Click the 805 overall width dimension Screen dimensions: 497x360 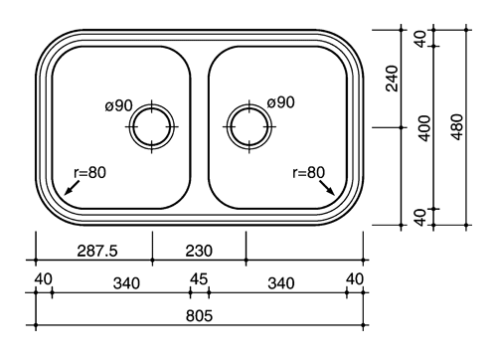[199, 315]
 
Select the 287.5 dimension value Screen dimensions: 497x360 [97, 251]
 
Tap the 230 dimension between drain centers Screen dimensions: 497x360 [199, 251]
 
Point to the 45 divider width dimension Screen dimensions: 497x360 [199, 279]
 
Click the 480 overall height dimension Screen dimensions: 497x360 [457, 127]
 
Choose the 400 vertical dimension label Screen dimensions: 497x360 [424, 128]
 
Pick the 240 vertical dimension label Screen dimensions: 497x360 [393, 79]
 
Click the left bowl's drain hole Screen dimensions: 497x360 [152, 126]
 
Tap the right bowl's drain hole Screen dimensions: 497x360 [249, 126]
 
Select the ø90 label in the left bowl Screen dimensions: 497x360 [119, 105]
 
